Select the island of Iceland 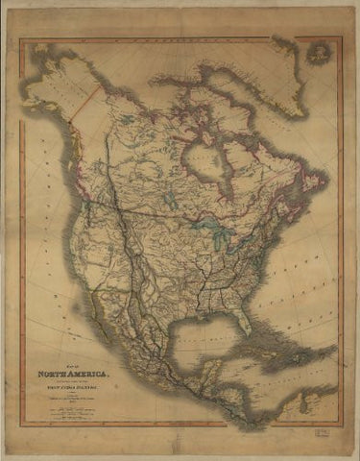pyautogui.click(x=316, y=53)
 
